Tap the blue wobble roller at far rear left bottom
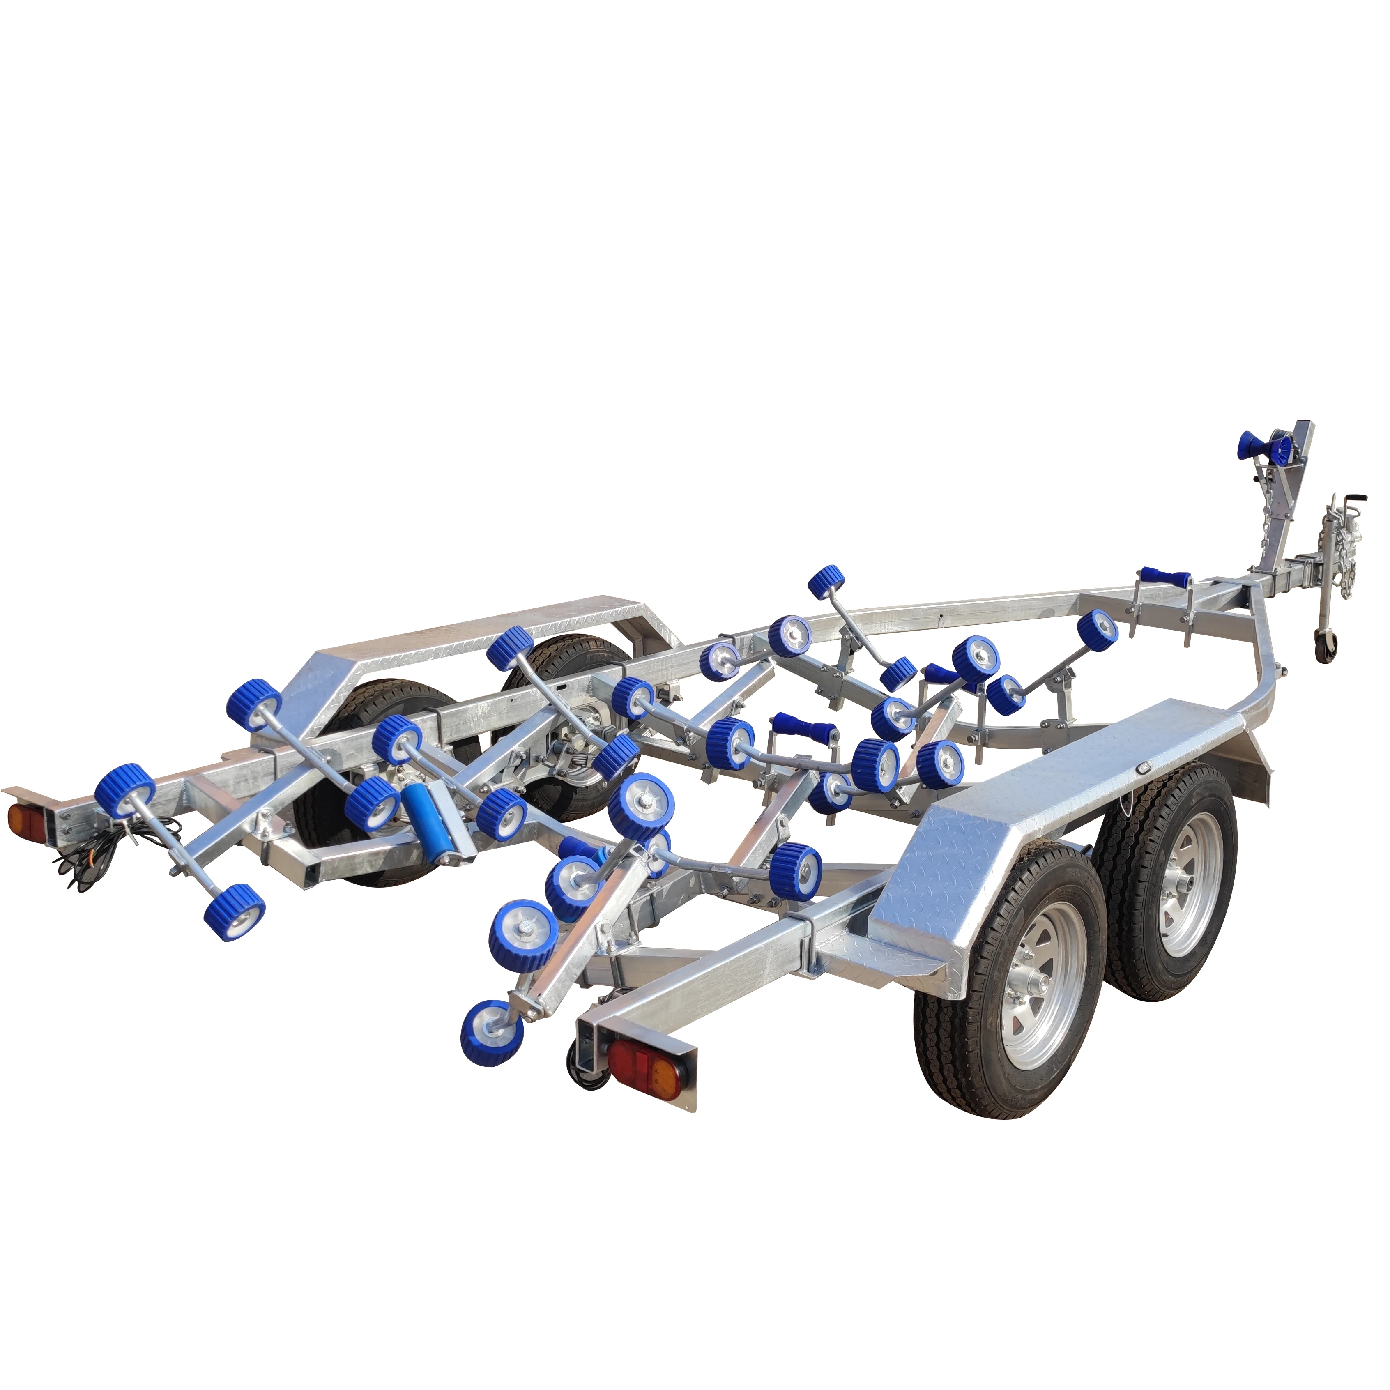coord(233,912)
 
